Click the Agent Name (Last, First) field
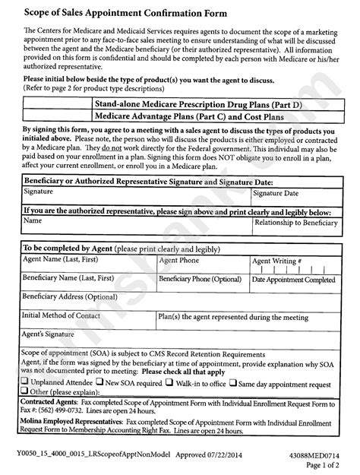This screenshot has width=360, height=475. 87,265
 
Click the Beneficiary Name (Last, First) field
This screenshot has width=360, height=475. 87,284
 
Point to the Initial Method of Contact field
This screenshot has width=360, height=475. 87,319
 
